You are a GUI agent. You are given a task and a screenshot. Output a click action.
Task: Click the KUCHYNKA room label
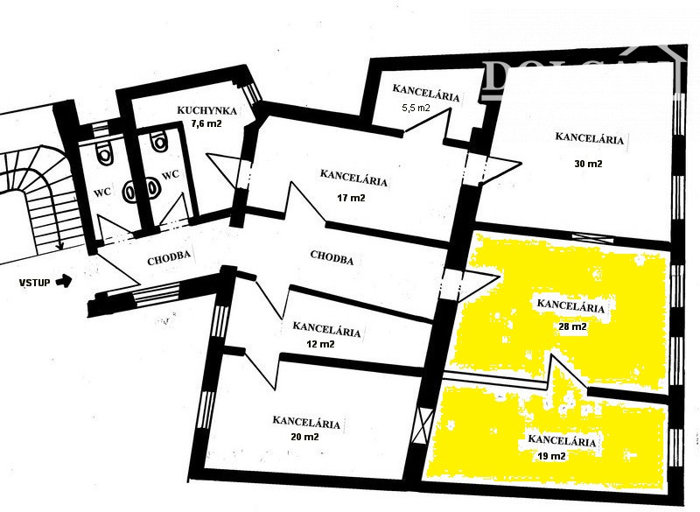click(206, 110)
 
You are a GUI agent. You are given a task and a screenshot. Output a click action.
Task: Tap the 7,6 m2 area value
click(206, 123)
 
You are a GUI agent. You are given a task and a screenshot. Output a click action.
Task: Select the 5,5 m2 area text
click(416, 108)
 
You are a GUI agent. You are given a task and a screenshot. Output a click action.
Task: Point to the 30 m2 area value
click(588, 164)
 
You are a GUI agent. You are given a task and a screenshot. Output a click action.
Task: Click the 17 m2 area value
click(351, 197)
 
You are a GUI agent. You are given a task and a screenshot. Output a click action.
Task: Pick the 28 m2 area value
click(572, 326)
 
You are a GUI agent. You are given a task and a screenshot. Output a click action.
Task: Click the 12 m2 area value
click(320, 344)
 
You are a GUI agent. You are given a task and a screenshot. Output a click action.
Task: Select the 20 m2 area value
click(304, 437)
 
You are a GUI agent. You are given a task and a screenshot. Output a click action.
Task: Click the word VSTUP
click(34, 283)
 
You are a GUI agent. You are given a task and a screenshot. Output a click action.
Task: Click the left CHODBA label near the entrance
click(169, 258)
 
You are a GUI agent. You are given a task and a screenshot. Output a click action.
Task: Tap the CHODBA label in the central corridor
click(332, 257)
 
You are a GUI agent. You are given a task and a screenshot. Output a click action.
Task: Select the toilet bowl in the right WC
click(158, 140)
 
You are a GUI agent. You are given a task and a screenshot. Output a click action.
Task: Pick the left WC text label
click(102, 193)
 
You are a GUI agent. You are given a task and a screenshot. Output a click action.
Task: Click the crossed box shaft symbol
click(423, 425)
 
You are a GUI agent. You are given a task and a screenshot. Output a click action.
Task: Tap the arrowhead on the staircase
click(59, 246)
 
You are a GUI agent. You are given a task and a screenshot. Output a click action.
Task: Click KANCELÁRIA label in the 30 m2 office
click(589, 137)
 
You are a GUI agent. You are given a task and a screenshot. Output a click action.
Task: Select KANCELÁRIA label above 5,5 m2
click(426, 93)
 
